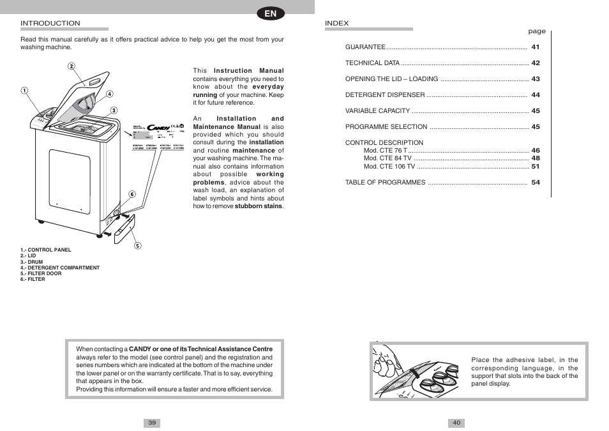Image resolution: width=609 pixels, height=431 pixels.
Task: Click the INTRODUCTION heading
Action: tap(50, 24)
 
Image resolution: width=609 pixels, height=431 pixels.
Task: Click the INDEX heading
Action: tap(337, 24)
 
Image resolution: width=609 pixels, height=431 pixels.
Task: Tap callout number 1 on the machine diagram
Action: tap(25, 90)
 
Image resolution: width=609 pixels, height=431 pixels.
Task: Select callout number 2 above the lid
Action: tap(71, 66)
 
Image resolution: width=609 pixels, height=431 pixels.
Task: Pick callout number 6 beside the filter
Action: tap(132, 194)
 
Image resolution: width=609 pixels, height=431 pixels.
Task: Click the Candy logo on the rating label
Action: tap(158, 128)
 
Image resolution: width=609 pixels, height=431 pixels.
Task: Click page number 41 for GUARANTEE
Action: tap(536, 47)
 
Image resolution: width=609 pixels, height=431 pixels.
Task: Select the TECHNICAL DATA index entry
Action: tap(372, 63)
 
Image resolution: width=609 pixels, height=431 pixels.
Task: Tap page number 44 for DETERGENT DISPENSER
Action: tap(536, 95)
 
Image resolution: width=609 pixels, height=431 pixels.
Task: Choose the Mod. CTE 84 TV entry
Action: tap(387, 158)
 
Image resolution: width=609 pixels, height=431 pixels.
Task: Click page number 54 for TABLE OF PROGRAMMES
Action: tap(536, 183)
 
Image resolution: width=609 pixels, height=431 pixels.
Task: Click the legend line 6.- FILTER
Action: tap(33, 279)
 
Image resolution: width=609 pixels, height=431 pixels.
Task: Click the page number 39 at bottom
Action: tap(152, 423)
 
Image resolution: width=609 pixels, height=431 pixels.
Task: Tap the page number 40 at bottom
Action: tap(456, 423)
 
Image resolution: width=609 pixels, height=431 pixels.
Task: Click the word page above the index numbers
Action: tap(536, 31)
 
